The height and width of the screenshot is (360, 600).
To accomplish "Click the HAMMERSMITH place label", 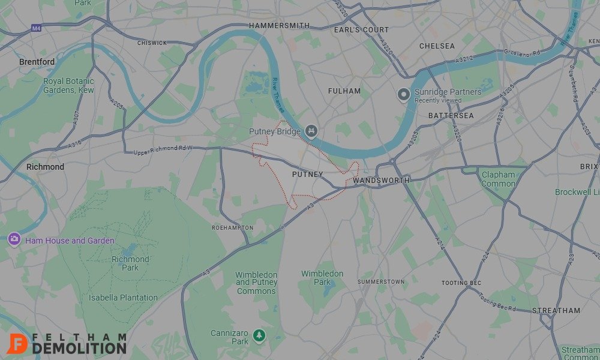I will pos(279,26).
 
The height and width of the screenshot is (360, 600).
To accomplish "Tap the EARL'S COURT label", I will pos(361,29).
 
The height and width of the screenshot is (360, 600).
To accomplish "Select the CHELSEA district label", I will pos(437,46).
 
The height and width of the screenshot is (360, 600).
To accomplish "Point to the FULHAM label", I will pos(344,91).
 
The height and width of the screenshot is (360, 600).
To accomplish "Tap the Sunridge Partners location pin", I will pos(404,94).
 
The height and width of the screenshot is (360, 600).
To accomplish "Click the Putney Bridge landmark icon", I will pos(311,131).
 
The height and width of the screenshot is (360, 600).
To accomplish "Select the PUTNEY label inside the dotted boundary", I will pos(307,175).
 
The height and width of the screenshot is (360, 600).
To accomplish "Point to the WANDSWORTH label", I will pos(381,180).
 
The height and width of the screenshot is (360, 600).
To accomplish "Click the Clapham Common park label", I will pos(498,179).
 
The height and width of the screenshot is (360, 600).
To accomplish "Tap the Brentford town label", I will pos(37,62).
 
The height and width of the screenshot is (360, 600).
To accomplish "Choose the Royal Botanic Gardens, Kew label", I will pos(68,85).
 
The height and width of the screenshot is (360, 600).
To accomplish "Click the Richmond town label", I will pos(45,167).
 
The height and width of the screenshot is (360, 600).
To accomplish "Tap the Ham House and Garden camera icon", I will pos(14,239).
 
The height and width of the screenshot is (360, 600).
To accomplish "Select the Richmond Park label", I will pos(130,263).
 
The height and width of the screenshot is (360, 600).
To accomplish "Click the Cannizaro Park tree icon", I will pos(259,335).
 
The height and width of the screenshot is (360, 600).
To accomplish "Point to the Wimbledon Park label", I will pos(322,278).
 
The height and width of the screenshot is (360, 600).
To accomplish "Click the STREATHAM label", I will pos(556,311).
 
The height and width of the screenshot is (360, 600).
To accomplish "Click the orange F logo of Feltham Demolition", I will pos(17,343).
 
